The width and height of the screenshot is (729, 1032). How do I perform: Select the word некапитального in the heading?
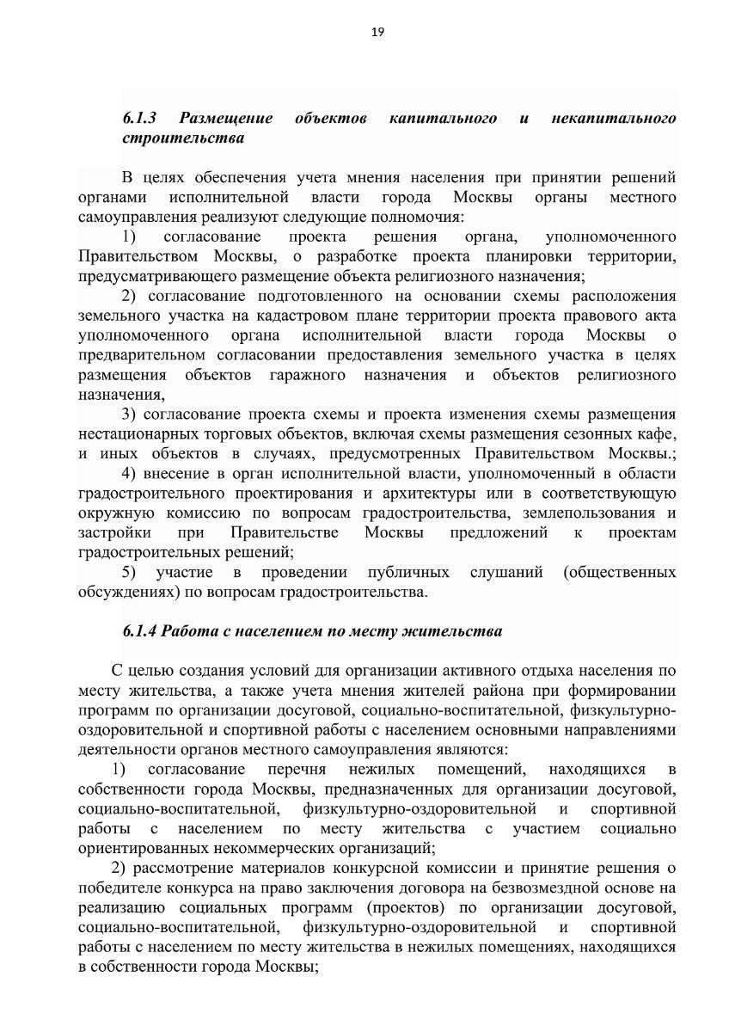(613, 117)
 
